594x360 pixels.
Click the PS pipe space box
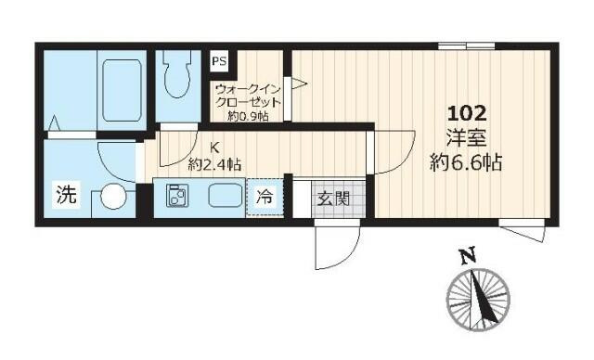click(x=219, y=61)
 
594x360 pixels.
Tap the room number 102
click(x=467, y=113)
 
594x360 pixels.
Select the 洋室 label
click(x=466, y=138)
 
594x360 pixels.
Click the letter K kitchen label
click(x=214, y=147)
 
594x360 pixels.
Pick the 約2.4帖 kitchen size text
click(x=214, y=164)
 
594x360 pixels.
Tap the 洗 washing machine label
click(x=67, y=194)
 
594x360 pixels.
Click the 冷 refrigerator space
click(x=265, y=197)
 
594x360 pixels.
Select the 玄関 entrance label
click(x=333, y=199)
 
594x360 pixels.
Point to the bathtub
click(x=122, y=90)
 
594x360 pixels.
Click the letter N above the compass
click(x=468, y=256)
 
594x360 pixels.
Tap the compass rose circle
click(x=478, y=299)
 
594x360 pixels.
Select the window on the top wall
click(x=466, y=46)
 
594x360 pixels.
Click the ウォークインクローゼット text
click(x=248, y=96)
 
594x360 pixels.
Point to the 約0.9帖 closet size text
click(x=248, y=116)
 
